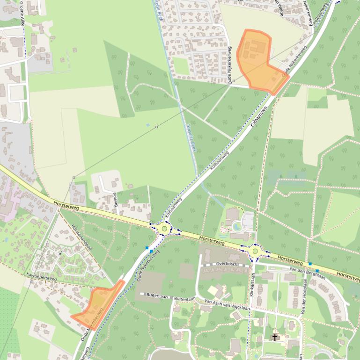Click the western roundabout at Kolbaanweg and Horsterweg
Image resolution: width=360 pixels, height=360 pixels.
coord(164,229)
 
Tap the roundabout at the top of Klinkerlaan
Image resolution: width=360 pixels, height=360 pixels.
coord(255,251)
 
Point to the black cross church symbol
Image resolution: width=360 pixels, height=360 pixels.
coord(275,337)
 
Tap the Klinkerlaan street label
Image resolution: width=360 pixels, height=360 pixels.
coord(251,283)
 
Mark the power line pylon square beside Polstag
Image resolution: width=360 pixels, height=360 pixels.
coord(73,178)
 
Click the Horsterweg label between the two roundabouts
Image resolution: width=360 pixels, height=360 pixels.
coord(212,240)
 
